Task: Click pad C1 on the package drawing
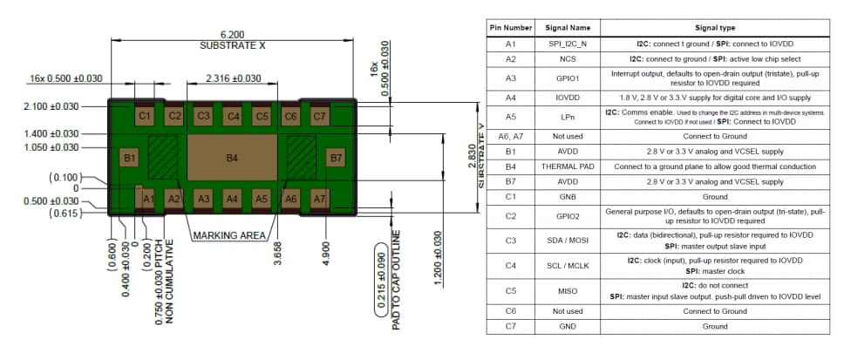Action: [x=145, y=115]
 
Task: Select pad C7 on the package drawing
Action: [x=319, y=115]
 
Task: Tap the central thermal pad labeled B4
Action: [x=232, y=158]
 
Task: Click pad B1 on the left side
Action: [x=129, y=158]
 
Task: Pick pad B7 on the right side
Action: [x=335, y=158]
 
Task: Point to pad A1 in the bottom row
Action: [x=148, y=200]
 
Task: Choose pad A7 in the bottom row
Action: [x=319, y=200]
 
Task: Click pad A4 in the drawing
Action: [x=232, y=200]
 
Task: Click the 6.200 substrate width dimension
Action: [x=232, y=34]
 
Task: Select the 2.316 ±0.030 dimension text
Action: [x=233, y=78]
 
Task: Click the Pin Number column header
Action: [x=511, y=28]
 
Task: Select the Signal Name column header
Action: [x=568, y=28]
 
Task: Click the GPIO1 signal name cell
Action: [x=568, y=78]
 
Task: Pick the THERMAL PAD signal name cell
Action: [x=568, y=166]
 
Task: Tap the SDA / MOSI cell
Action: [x=568, y=241]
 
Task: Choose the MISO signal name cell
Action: [x=568, y=291]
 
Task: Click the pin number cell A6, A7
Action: [x=511, y=137]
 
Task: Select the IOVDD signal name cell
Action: [x=568, y=98]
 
